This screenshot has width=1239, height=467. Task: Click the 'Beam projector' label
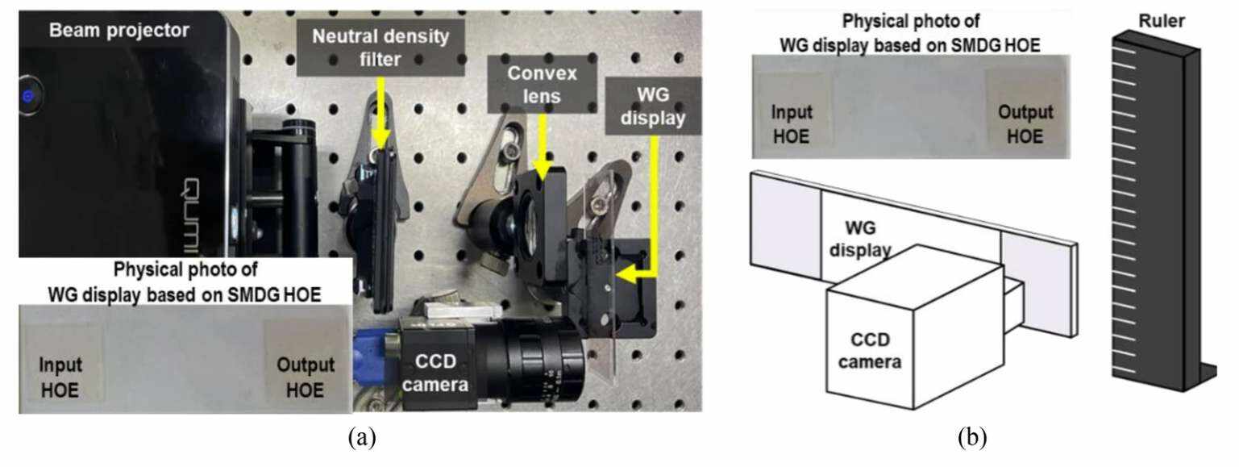point(118,31)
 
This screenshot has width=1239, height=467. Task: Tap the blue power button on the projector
point(28,96)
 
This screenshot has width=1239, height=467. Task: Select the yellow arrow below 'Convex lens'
point(543,142)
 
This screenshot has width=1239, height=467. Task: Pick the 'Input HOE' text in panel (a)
point(60,377)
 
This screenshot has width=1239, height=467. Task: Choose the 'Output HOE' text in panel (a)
point(300,377)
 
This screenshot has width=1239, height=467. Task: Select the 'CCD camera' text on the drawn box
point(869,352)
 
